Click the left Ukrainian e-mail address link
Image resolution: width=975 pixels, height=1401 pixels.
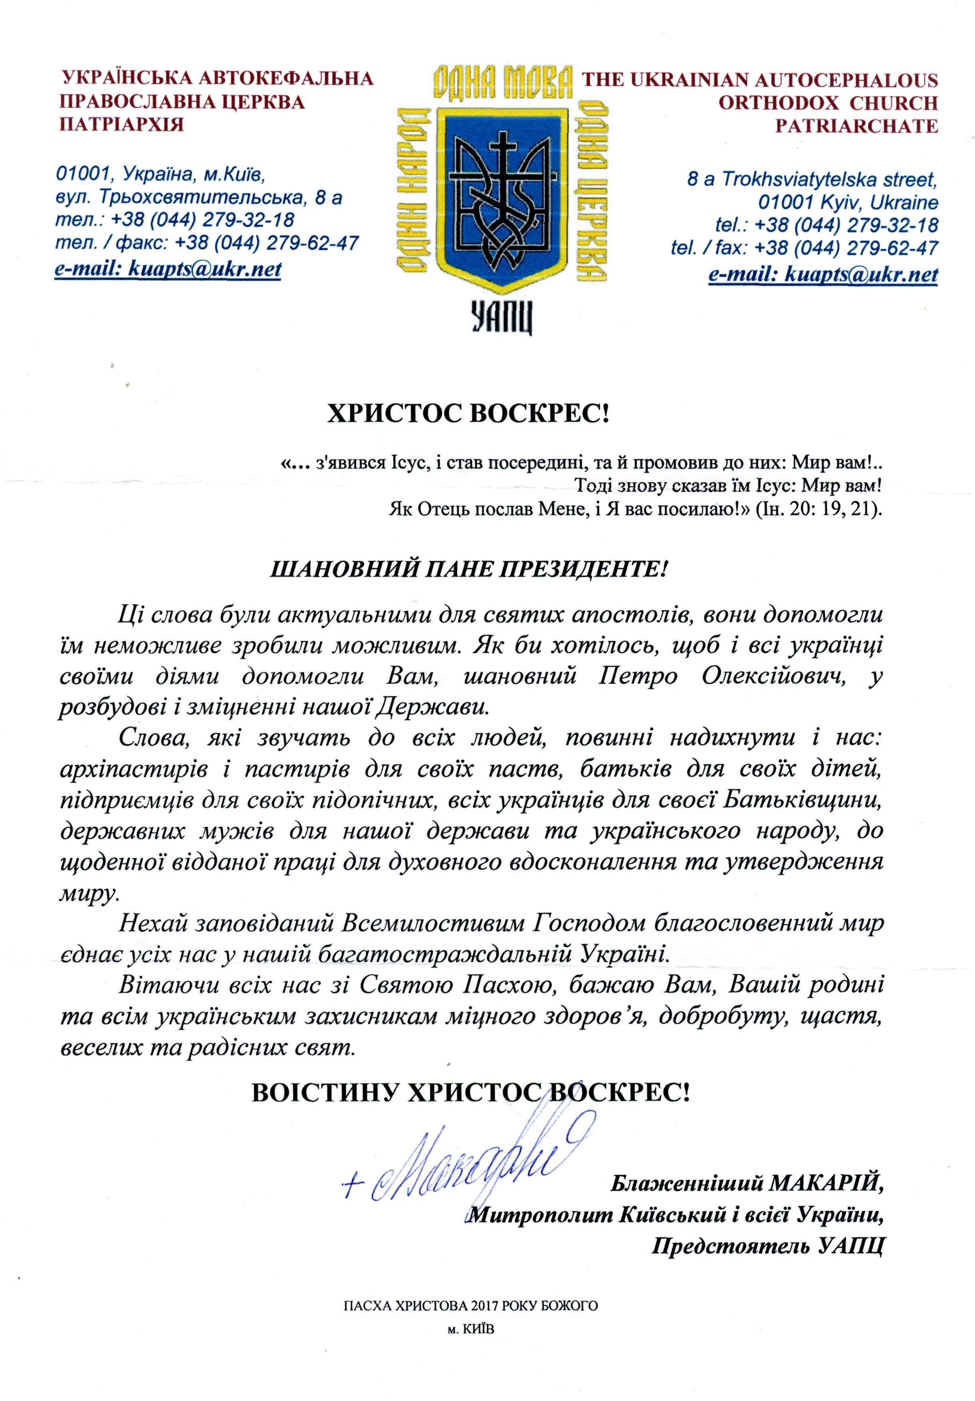tap(168, 269)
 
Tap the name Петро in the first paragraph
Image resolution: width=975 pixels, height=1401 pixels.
tap(638, 677)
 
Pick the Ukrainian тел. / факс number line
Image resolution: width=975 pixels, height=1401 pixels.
tap(207, 243)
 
